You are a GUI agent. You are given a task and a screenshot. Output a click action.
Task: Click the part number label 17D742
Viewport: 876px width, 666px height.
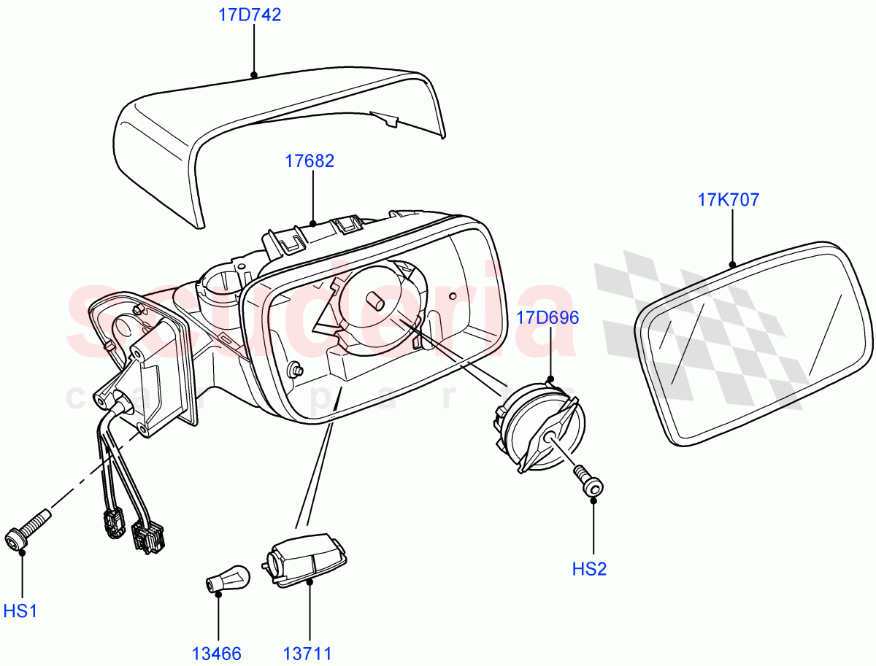[250, 15]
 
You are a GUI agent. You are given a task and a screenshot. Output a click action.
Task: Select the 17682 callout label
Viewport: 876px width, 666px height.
[310, 161]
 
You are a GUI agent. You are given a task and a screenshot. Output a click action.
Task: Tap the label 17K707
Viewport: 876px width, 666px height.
[729, 199]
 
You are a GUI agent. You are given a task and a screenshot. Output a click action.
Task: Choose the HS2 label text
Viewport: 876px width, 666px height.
[590, 569]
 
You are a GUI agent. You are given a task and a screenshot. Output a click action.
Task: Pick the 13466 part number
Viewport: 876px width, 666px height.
[217, 654]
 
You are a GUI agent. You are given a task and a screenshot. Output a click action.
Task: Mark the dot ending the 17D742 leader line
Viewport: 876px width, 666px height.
[253, 74]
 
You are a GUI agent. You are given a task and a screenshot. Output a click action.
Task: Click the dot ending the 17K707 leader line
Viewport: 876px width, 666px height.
[731, 264]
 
